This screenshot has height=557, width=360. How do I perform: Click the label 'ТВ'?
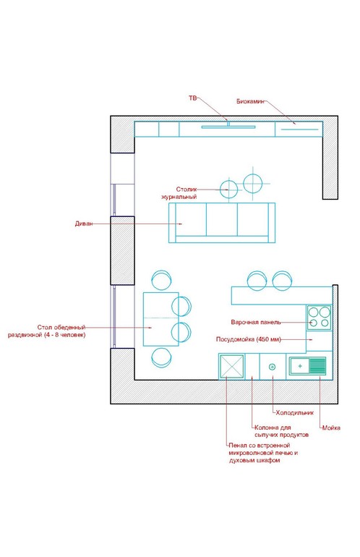tap(192, 98)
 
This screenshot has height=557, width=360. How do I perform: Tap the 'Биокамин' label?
tap(251, 101)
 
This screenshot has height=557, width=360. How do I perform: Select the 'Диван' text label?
tap(84, 224)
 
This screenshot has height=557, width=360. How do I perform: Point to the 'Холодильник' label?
tap(295, 413)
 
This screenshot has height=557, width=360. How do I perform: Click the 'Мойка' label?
tap(331, 428)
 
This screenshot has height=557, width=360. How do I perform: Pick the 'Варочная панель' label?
tap(256, 322)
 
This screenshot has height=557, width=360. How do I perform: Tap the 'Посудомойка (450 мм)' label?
tap(249, 339)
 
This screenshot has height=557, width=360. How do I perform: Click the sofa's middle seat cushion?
tap(222, 219)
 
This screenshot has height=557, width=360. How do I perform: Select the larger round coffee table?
tap(253, 184)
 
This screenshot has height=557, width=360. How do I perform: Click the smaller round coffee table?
tap(228, 190)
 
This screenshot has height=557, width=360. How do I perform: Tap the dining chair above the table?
tap(161, 279)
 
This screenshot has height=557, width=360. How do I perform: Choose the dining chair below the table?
tap(162, 357)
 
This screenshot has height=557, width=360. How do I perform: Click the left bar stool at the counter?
tap(258, 281)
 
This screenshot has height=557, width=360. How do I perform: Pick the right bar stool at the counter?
tap(283, 281)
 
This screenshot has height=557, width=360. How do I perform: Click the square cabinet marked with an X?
tap(231, 366)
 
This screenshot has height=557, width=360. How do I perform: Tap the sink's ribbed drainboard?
tap(317, 366)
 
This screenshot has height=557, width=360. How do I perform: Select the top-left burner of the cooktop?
tap(313, 312)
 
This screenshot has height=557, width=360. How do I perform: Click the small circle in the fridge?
tap(273, 367)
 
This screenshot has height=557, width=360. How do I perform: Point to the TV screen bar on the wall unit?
tap(228, 127)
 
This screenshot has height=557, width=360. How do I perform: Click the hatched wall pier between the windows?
tap(122, 250)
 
